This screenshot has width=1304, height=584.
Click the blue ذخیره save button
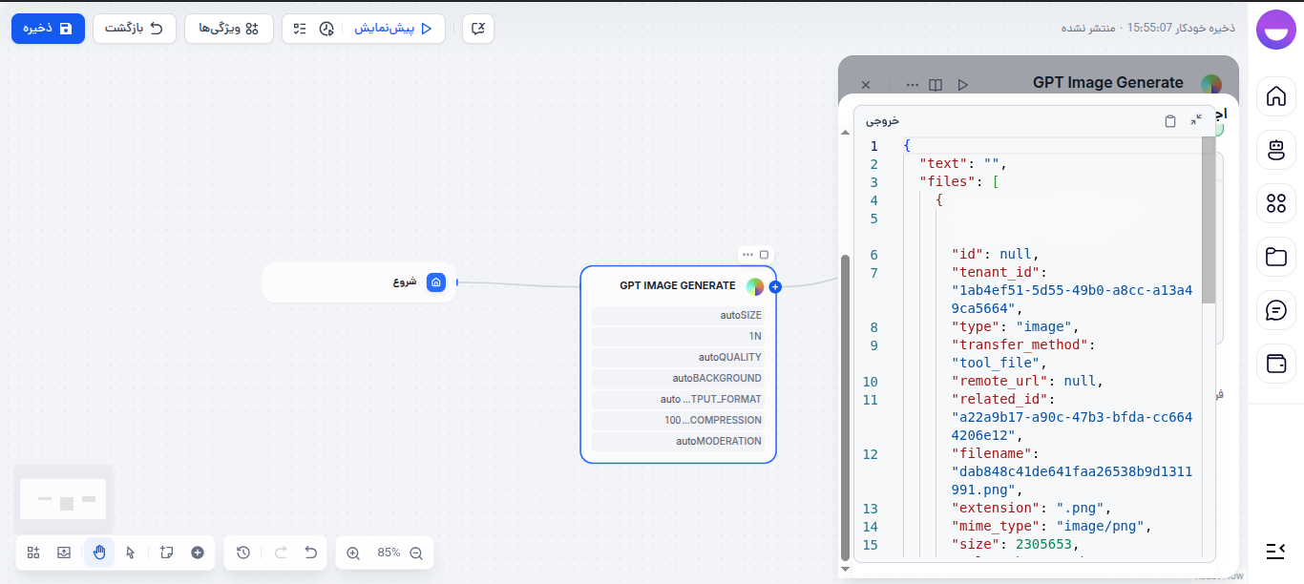click(48, 29)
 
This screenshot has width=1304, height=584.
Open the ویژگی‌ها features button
click(228, 29)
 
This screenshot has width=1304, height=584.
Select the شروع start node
click(359, 282)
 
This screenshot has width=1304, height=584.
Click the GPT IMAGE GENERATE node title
click(677, 285)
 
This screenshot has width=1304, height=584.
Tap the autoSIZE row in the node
click(678, 315)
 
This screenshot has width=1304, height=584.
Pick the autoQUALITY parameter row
click(678, 357)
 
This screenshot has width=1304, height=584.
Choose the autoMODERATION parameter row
click(678, 441)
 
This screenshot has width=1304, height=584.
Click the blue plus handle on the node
click(775, 286)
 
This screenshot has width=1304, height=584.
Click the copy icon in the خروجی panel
click(1170, 121)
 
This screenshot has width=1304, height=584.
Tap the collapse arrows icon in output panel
click(1196, 120)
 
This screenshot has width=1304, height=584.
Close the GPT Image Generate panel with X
click(866, 85)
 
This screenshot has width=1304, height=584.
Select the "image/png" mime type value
click(1103, 527)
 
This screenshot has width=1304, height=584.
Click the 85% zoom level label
click(389, 553)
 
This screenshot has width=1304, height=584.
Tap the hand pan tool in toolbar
click(98, 553)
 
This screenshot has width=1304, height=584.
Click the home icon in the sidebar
click(1275, 95)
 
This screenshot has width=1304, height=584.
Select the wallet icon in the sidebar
click(1275, 364)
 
